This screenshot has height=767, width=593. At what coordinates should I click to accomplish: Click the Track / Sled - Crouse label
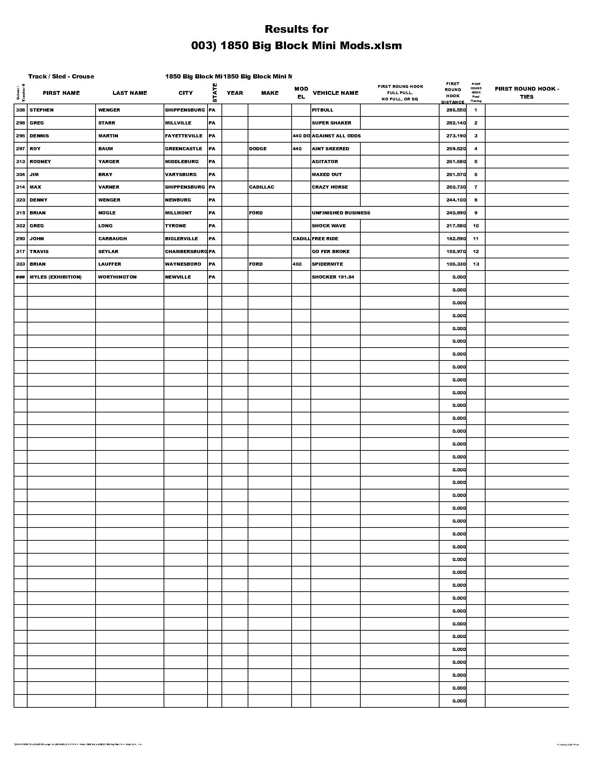(x=61, y=77)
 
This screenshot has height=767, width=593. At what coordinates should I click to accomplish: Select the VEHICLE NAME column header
(x=335, y=93)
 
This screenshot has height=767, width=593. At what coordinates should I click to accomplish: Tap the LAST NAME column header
(x=130, y=93)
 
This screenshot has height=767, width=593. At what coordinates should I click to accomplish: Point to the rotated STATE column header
(x=215, y=93)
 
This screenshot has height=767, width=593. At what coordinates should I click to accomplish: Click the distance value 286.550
(x=456, y=110)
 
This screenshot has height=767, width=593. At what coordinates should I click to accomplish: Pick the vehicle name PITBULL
(x=322, y=110)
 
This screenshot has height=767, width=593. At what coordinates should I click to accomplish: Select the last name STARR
(x=106, y=123)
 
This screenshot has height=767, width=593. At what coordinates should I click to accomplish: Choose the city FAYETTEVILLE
(x=183, y=136)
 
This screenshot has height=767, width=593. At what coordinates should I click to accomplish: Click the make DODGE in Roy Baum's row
(x=257, y=149)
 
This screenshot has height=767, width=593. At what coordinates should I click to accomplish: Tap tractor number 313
(x=20, y=161)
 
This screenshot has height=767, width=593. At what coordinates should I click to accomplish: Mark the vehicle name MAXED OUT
(x=326, y=175)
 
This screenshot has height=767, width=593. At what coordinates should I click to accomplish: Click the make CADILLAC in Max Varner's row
(x=261, y=187)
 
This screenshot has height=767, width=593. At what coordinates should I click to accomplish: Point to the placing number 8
(x=476, y=200)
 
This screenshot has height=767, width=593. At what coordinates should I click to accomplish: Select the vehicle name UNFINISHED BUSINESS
(x=341, y=213)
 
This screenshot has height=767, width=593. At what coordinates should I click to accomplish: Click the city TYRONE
(x=175, y=226)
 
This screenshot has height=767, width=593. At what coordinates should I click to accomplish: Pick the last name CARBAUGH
(x=112, y=239)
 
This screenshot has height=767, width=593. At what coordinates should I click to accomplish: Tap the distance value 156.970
(x=456, y=251)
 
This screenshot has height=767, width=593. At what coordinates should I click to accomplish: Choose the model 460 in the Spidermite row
(x=297, y=264)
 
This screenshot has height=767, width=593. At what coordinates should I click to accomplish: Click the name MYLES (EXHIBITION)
(x=55, y=277)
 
